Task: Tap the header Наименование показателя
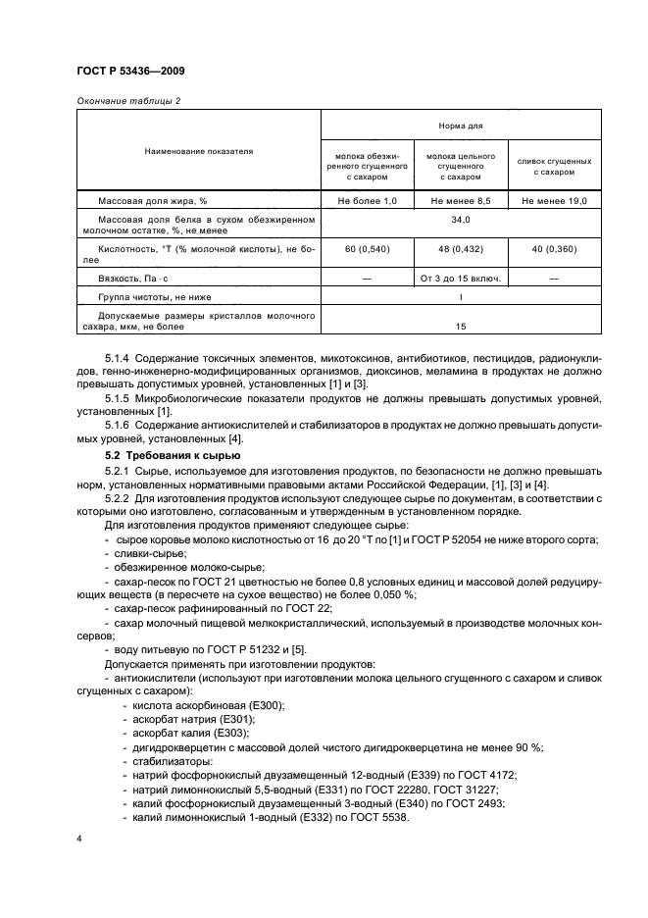point(199,152)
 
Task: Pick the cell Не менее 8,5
point(461,201)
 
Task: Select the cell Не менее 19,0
point(554,201)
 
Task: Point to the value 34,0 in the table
point(461,221)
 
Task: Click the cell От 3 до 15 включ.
point(461,278)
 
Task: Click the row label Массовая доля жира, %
point(149,201)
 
